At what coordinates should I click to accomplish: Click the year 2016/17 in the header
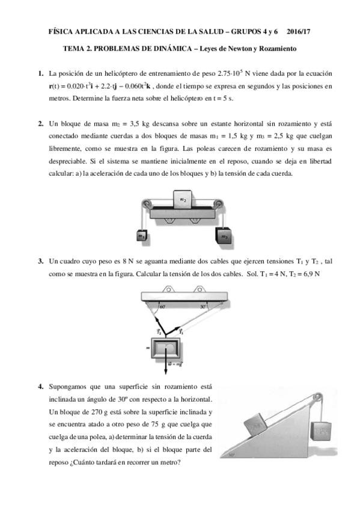299,31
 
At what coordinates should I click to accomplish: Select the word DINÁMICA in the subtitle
166,49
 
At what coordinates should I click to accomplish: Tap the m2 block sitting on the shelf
183,198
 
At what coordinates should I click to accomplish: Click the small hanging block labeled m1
142,235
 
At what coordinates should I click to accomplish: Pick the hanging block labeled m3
225,236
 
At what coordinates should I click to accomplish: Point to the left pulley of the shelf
146,204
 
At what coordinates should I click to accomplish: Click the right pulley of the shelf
218,204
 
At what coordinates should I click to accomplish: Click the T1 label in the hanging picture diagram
182,332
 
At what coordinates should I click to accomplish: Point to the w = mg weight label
175,364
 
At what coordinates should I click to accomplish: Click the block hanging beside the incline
322,431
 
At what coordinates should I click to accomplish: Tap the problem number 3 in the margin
41,261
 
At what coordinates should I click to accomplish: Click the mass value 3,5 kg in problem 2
139,124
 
